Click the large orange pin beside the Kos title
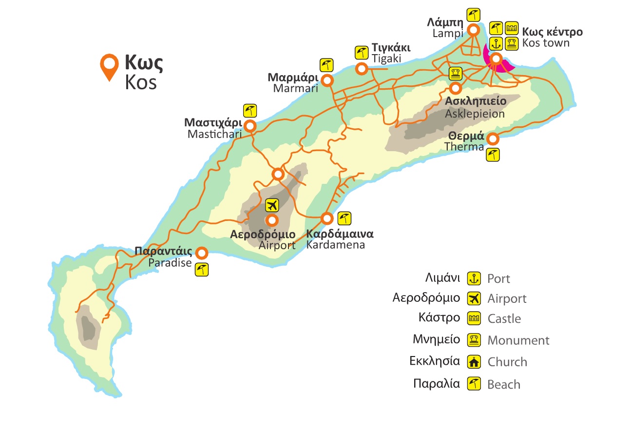pyautogui.click(x=109, y=65)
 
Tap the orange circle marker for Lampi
pyautogui.click(x=473, y=30)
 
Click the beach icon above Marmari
pyautogui.click(x=326, y=64)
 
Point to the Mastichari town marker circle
pyautogui.click(x=250, y=126)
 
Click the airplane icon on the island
pyautogui.click(x=272, y=205)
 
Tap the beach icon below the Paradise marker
pyautogui.click(x=202, y=269)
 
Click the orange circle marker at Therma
pyautogui.click(x=493, y=139)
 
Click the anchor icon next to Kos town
pyautogui.click(x=496, y=43)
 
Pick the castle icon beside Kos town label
pyautogui.click(x=511, y=27)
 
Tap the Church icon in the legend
pyautogui.click(x=474, y=362)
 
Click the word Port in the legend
pyautogui.click(x=498, y=279)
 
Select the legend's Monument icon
pyautogui.click(x=474, y=340)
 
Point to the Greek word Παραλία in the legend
pyautogui.click(x=436, y=383)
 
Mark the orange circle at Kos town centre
pyautogui.click(x=496, y=59)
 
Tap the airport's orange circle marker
pyautogui.click(x=271, y=219)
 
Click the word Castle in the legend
pyautogui.click(x=504, y=319)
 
